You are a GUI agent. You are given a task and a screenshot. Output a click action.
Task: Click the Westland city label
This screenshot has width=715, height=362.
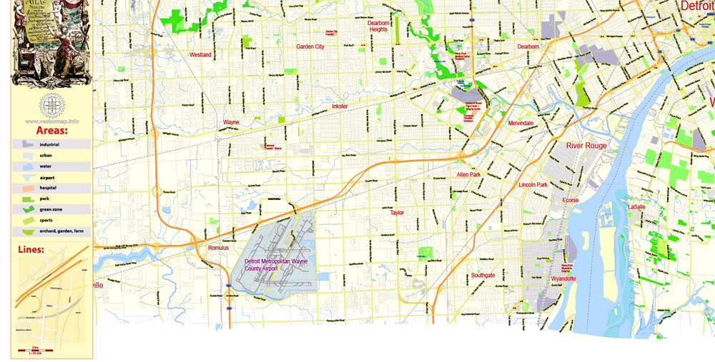click(200, 54)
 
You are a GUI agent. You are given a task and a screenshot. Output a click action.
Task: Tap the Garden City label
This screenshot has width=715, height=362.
click(310, 46)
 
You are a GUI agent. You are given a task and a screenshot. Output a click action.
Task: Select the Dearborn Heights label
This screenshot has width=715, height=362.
click(378, 26)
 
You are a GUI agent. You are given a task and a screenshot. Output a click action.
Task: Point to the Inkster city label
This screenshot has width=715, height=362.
click(340, 106)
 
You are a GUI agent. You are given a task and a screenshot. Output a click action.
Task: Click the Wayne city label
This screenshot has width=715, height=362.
click(231, 122)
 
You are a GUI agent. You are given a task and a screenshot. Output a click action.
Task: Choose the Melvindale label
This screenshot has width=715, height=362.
click(521, 124)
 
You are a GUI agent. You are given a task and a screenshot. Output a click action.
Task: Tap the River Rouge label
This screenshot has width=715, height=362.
click(586, 146)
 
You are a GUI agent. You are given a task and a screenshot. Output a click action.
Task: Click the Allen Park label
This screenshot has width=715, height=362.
click(469, 174)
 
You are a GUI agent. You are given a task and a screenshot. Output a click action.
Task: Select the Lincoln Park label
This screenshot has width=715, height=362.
click(533, 185)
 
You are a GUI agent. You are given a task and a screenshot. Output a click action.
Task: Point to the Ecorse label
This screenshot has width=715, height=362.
click(571, 201)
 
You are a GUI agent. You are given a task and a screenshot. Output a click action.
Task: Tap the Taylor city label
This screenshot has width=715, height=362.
click(397, 213)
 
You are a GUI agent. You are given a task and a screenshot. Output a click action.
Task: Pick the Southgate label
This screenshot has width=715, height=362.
click(483, 275)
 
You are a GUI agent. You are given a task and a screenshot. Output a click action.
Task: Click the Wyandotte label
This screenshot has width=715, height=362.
click(563, 278)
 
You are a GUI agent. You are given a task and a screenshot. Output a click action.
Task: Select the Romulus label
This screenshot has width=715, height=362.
click(218, 248)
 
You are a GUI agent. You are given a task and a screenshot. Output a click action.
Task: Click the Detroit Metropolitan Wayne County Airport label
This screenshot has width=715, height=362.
click(275, 265)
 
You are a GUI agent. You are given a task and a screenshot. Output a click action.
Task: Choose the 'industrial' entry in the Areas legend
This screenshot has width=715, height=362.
click(49, 144)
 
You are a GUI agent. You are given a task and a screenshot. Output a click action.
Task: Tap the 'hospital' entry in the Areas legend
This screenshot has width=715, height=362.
click(48, 188)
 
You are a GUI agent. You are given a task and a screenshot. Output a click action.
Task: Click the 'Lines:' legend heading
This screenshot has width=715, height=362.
click(29, 250)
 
